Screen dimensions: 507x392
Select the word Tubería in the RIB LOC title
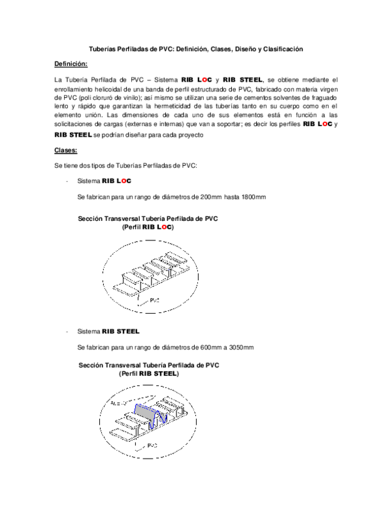(x=157, y=218)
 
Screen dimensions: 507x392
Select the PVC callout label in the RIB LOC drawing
(x=155, y=301)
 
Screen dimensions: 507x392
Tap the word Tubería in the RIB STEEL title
(x=158, y=365)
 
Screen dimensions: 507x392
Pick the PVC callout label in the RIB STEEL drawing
(x=151, y=446)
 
